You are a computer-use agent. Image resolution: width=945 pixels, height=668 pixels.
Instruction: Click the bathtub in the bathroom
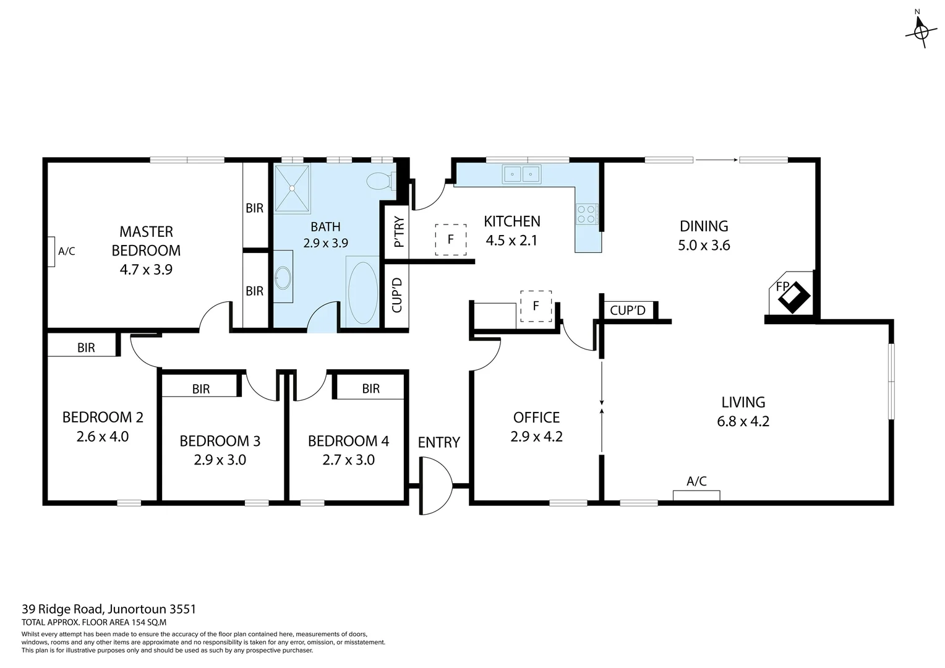point(362,293)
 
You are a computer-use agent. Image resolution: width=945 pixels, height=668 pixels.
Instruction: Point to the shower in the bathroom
point(293,188)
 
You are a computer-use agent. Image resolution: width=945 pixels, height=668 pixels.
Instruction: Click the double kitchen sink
point(521,174)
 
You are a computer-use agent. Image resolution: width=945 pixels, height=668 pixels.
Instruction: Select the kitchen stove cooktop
point(587,214)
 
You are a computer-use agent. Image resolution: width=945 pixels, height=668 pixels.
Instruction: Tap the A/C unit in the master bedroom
point(51,252)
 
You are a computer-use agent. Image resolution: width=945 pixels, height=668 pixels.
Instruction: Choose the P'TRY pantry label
point(398,231)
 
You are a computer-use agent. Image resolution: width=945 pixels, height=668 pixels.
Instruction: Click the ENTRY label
point(438,442)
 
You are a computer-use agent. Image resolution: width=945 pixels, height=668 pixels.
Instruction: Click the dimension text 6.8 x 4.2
point(743,421)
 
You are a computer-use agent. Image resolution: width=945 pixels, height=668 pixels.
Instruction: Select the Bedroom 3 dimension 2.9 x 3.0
point(220,460)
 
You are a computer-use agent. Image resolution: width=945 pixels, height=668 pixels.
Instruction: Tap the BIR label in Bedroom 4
point(370,388)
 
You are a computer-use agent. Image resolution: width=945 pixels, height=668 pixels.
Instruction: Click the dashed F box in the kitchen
point(450,239)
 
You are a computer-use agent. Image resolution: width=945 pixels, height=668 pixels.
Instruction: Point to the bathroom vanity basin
point(283,277)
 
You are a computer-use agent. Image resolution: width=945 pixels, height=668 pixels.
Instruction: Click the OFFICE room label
point(536,417)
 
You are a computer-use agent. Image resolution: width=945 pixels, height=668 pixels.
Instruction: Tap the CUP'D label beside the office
point(627,310)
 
